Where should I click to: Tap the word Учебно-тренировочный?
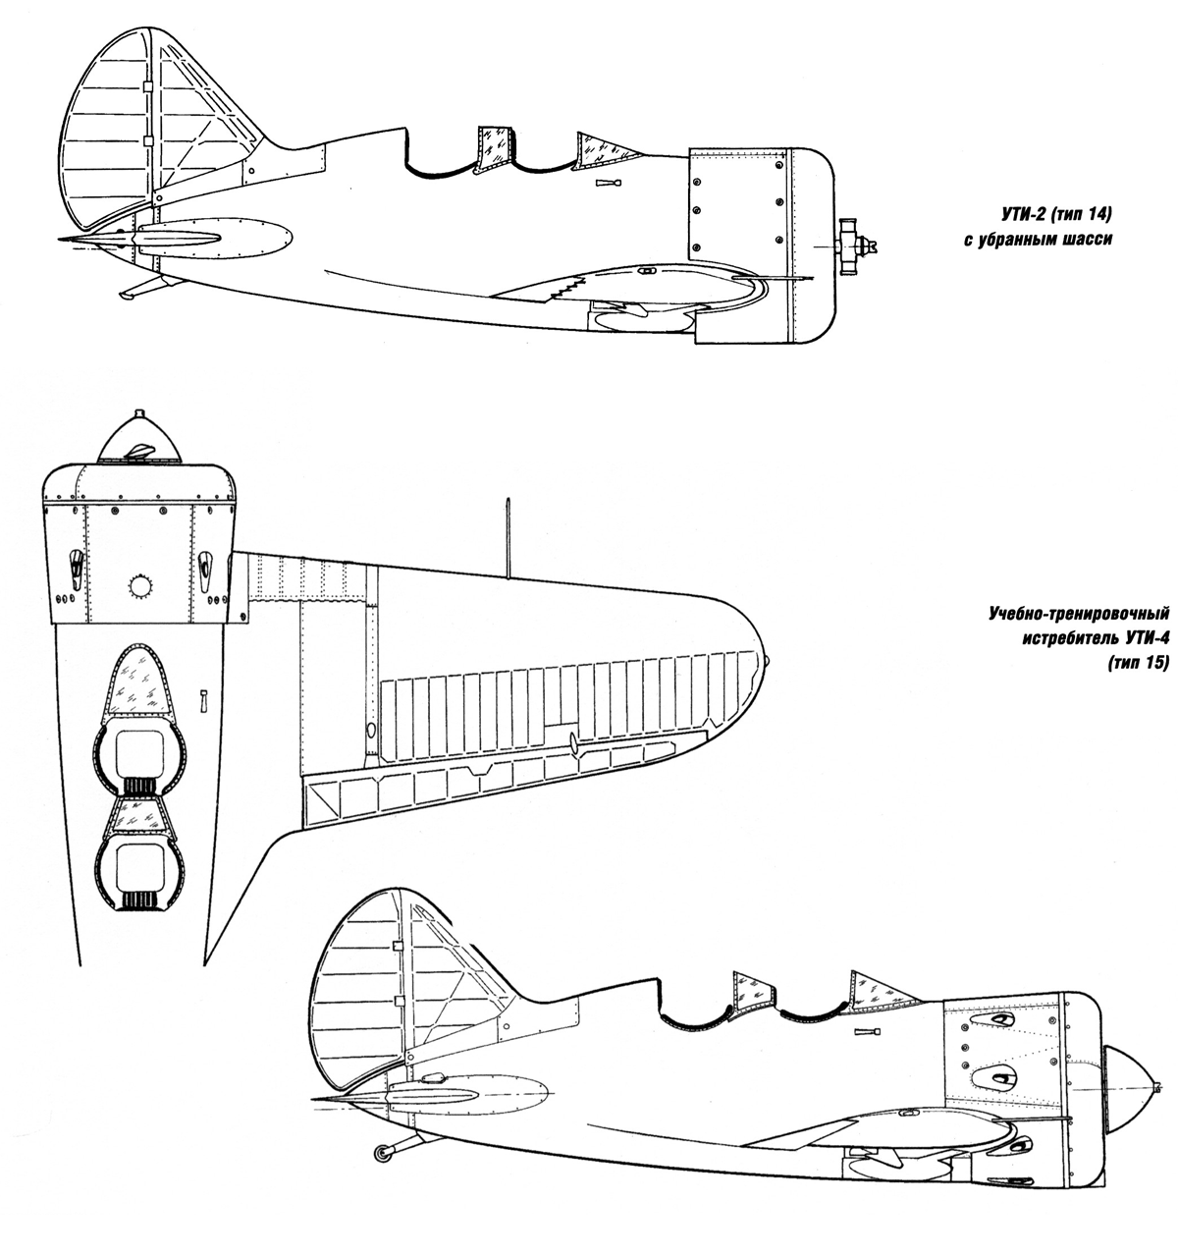tap(1078, 614)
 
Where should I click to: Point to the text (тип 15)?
tap(1138, 662)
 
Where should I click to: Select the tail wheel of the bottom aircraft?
tap(382, 1154)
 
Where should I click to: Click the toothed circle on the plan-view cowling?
tap(140, 587)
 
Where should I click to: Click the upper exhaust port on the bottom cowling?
tap(996, 1019)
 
